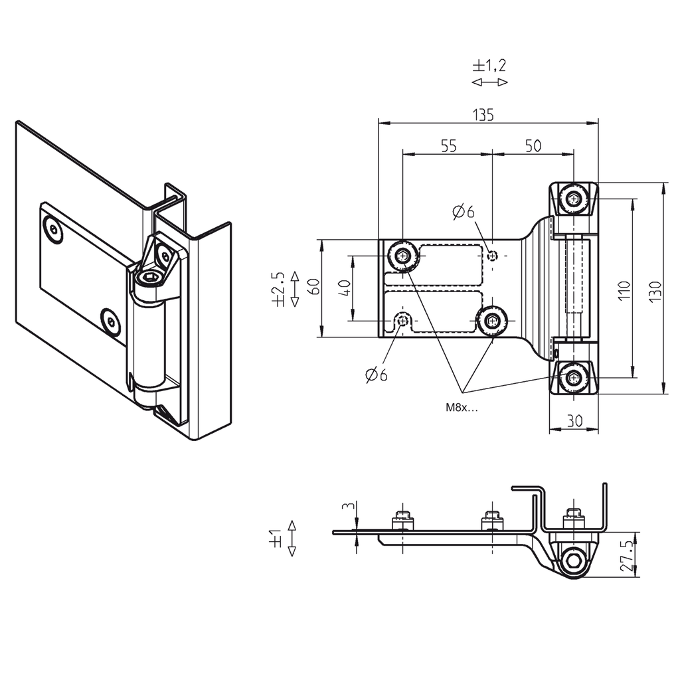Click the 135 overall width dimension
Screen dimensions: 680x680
click(x=483, y=114)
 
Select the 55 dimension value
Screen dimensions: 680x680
click(x=448, y=146)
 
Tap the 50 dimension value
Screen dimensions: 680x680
click(x=533, y=146)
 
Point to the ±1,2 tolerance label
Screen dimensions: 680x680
click(x=489, y=65)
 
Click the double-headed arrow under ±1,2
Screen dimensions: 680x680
click(x=489, y=82)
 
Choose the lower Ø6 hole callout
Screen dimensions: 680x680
click(x=376, y=375)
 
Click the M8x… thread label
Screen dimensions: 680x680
click(x=462, y=408)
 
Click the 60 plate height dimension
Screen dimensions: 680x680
click(x=314, y=288)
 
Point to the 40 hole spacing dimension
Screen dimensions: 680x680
click(x=344, y=288)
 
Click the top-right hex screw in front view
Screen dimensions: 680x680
click(x=574, y=198)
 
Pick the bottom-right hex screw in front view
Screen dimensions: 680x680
click(x=574, y=379)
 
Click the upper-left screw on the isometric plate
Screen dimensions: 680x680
click(x=53, y=230)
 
